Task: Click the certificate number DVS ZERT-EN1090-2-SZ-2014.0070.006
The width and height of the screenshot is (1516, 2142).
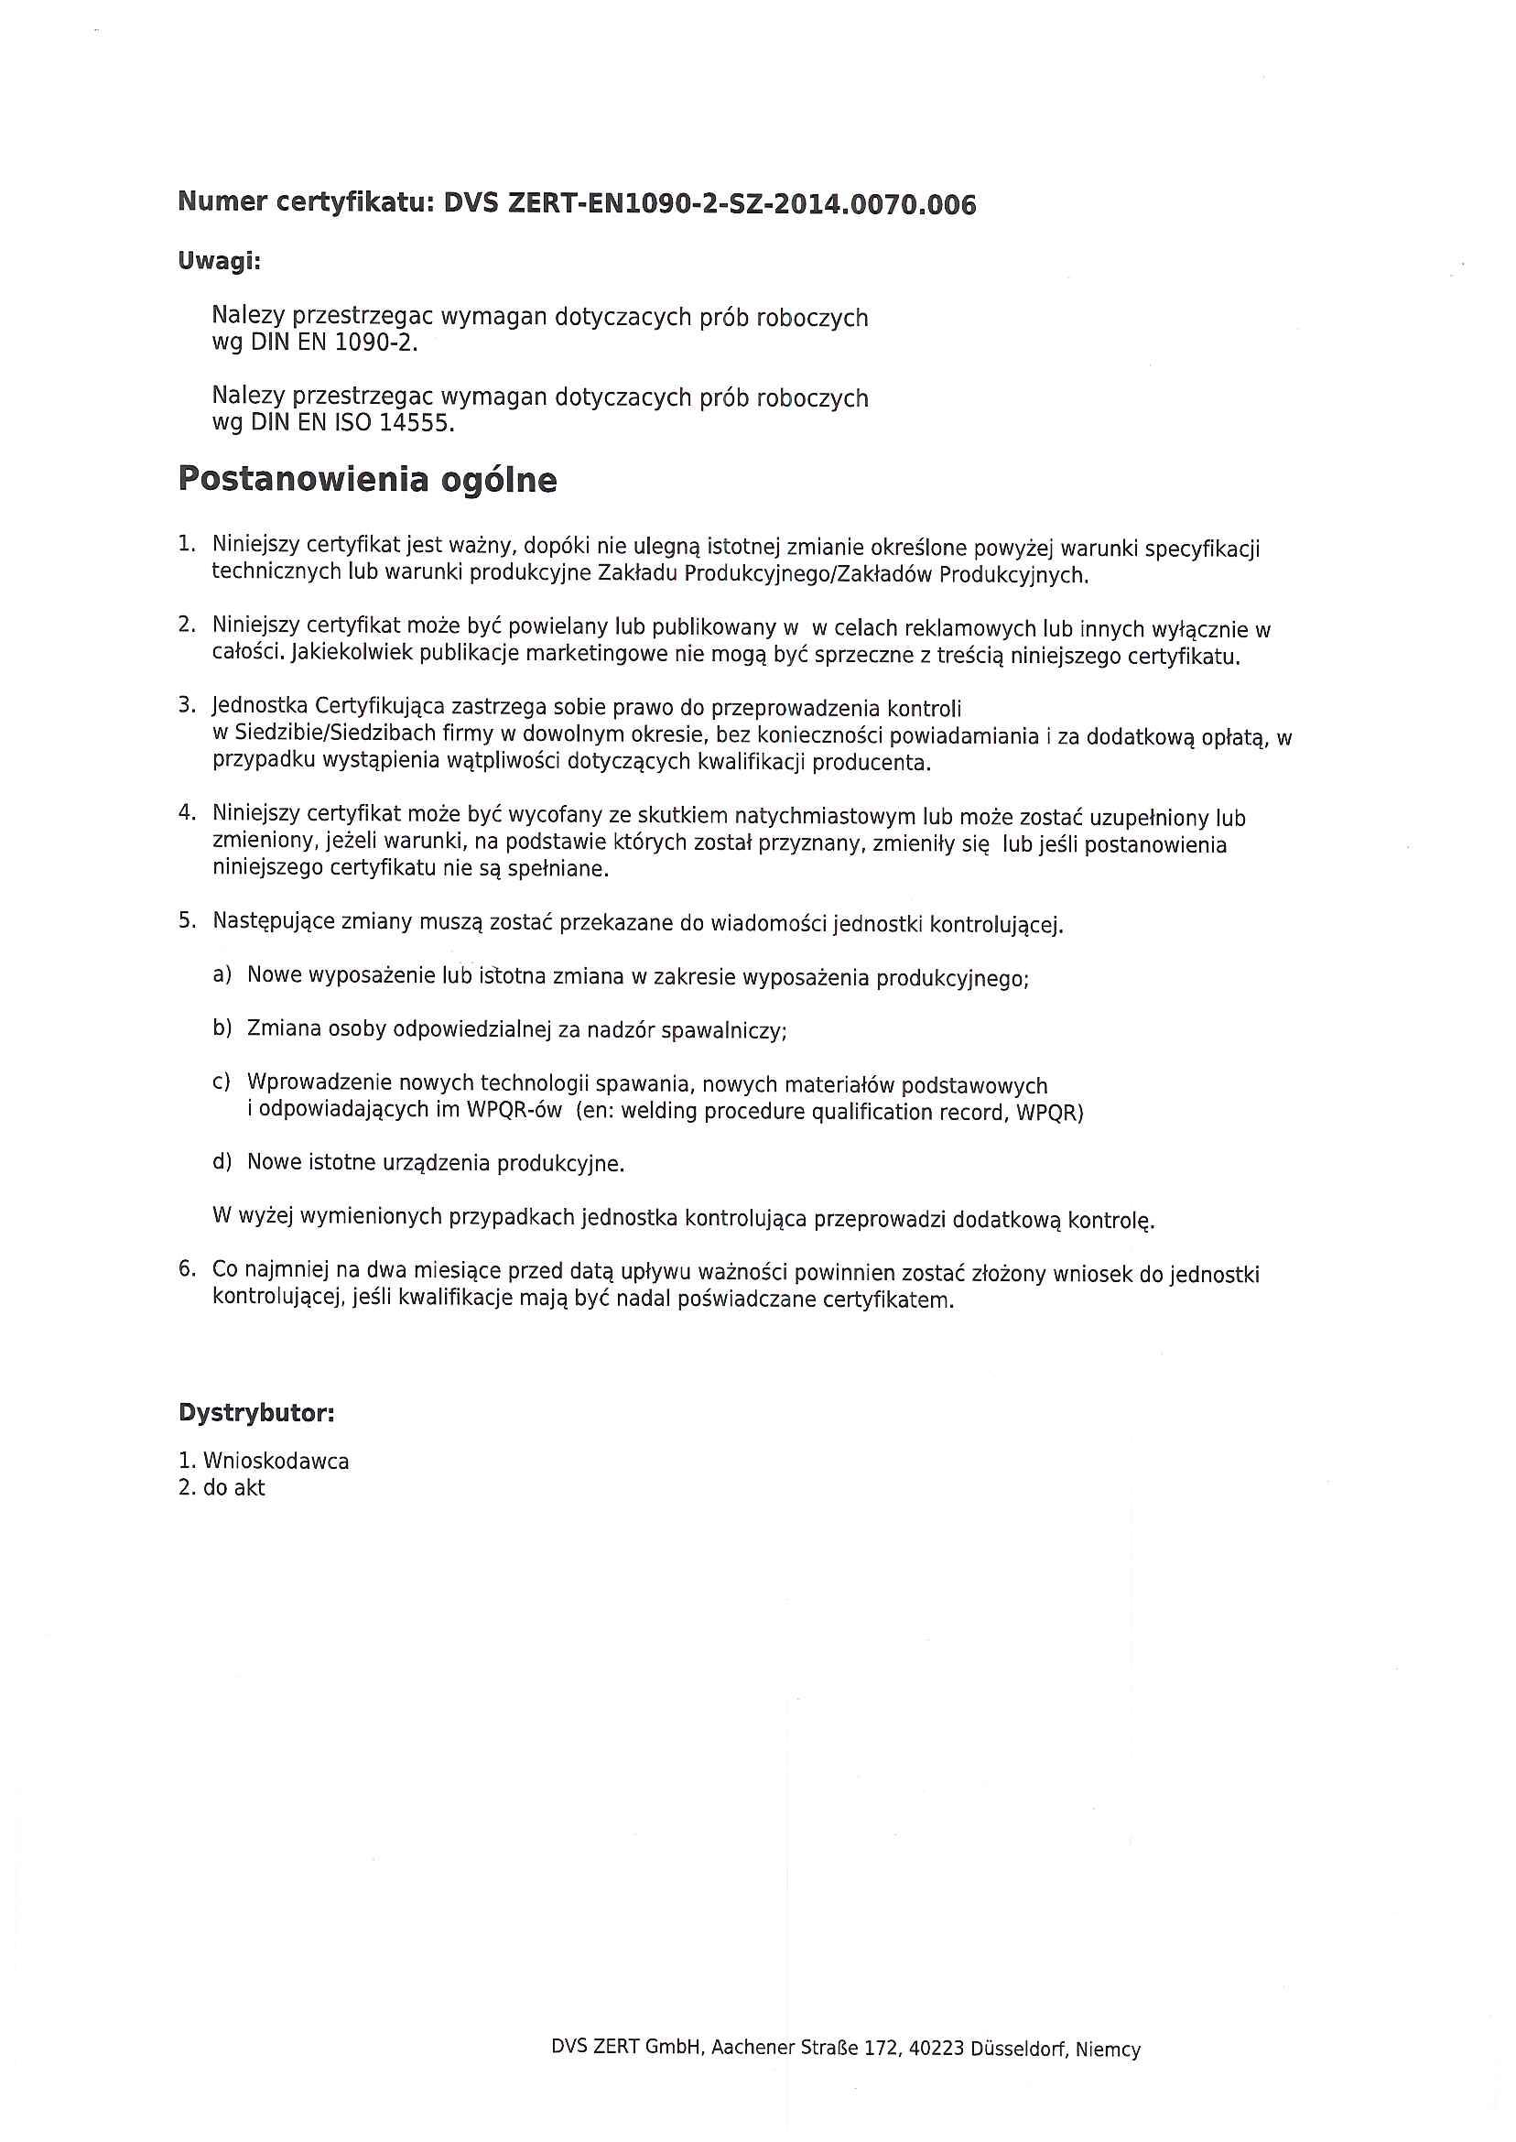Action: click(709, 203)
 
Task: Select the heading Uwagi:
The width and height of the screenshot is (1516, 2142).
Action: click(220, 261)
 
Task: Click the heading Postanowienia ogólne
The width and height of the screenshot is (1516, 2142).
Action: click(367, 479)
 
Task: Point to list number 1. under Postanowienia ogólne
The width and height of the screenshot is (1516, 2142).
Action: click(187, 543)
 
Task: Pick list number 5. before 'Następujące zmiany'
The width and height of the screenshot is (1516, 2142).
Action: click(187, 920)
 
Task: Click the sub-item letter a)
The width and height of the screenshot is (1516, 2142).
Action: click(222, 974)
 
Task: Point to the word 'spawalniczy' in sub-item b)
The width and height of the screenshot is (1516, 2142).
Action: click(721, 1031)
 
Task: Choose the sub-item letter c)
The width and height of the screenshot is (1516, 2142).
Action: click(222, 1082)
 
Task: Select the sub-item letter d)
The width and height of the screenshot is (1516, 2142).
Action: click(222, 1162)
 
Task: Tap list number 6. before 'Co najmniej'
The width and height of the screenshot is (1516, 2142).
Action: click(187, 1269)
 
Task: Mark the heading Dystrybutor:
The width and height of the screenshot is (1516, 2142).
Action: click(255, 1414)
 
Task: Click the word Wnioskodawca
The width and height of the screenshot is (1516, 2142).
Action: click(276, 1462)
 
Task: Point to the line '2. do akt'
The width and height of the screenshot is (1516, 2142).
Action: click(222, 1488)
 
